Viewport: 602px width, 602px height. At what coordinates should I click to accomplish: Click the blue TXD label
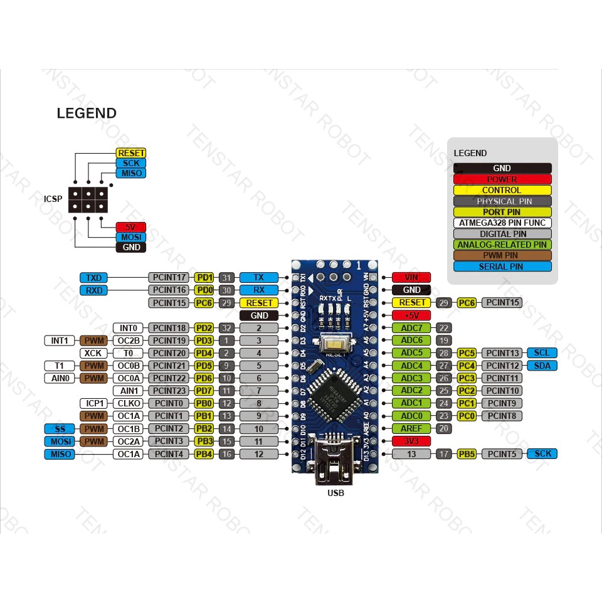point(94,277)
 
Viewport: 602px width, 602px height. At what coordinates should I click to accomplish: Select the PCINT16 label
point(169,290)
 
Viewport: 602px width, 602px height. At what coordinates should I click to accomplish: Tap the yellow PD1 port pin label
point(204,277)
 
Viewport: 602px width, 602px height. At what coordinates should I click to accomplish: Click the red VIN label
point(411,277)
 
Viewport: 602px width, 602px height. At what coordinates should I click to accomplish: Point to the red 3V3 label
point(411,441)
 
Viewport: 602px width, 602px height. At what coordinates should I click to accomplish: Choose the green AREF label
point(411,428)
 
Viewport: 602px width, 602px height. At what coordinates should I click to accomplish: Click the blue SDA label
point(542,366)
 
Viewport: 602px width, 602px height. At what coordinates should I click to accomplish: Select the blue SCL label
point(542,353)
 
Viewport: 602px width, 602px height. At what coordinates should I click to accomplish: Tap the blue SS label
point(60,428)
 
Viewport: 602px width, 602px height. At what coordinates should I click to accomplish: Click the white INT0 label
point(128,327)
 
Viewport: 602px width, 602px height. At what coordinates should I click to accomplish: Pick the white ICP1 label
point(93,403)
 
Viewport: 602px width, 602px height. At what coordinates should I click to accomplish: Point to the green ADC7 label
point(411,327)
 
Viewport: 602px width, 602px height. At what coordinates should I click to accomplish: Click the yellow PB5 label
point(467,453)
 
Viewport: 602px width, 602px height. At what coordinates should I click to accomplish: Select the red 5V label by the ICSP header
point(130,226)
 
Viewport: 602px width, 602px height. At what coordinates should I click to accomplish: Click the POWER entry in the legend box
point(502,179)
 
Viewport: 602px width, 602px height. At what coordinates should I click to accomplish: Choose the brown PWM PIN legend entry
point(502,255)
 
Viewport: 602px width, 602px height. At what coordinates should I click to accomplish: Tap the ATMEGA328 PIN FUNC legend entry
point(502,223)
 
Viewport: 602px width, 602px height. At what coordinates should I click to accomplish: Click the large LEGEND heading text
point(87,114)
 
